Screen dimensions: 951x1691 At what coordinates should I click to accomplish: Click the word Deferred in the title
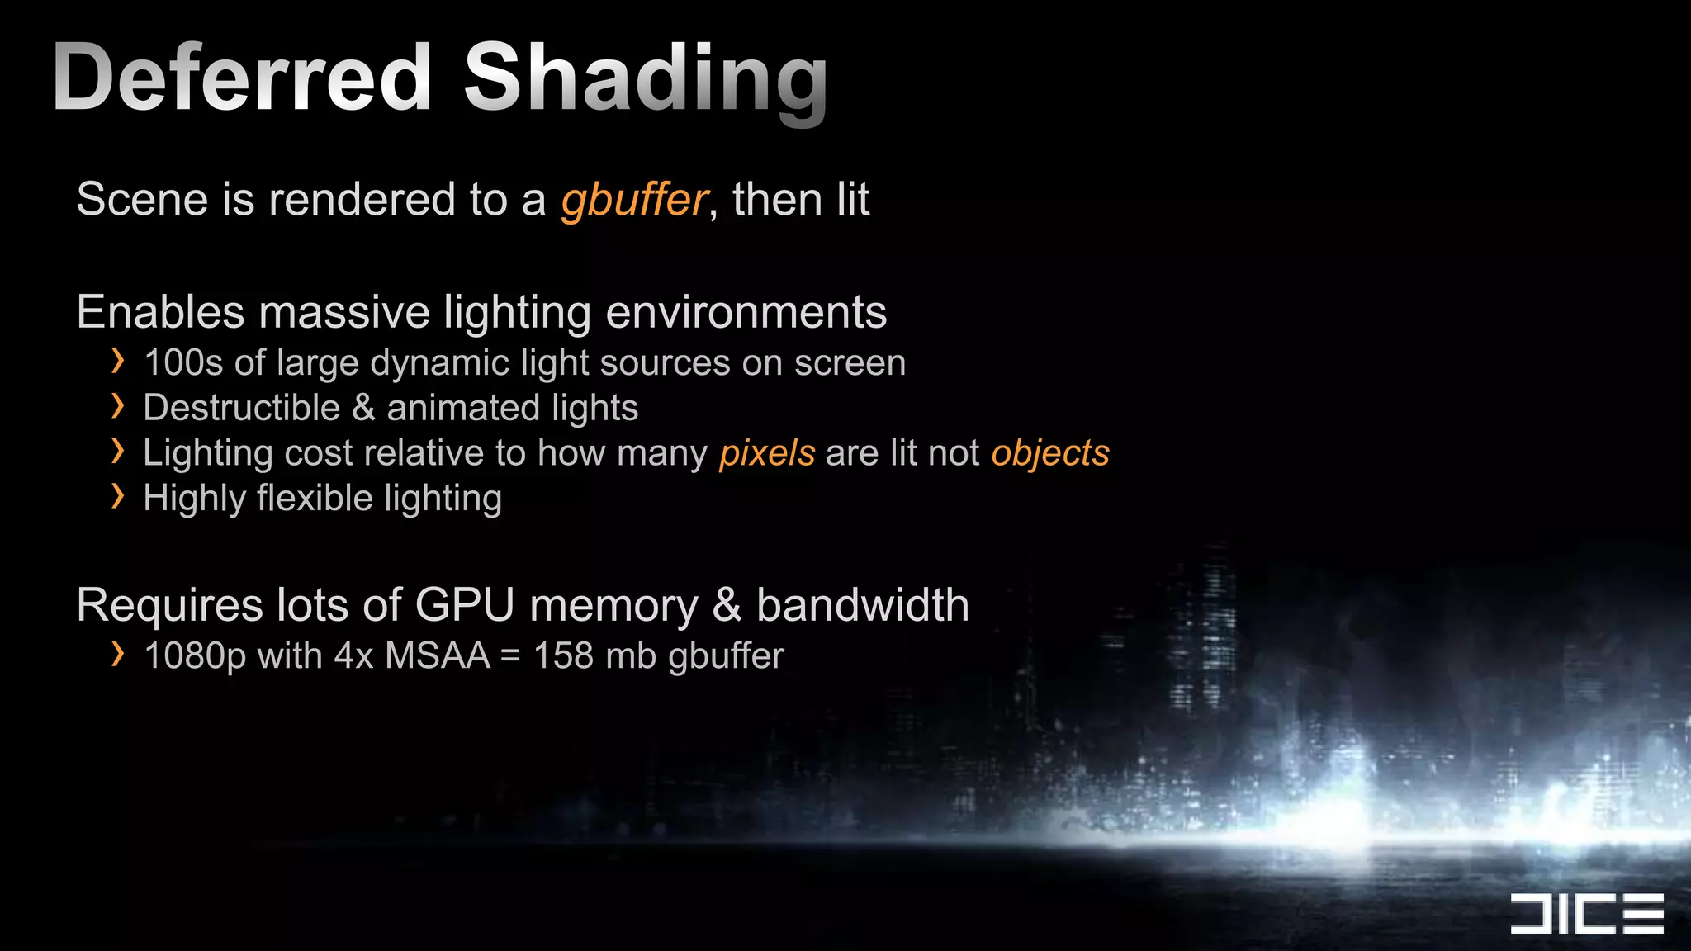point(241,78)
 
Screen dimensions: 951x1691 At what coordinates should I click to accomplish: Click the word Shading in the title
point(645,79)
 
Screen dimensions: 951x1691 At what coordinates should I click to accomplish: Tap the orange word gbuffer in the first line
point(634,200)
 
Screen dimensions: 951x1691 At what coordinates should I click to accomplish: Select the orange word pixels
point(767,453)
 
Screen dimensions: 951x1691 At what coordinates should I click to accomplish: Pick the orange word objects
point(1050,453)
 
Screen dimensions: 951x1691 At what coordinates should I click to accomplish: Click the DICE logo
point(1586,914)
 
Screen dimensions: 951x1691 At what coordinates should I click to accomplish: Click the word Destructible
point(241,408)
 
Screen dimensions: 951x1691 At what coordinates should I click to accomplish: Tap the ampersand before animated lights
point(363,408)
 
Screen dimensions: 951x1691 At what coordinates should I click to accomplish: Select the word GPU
point(464,605)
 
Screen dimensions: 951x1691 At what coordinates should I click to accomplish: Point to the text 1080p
point(195,656)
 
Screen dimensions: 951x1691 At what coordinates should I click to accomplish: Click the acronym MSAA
point(438,656)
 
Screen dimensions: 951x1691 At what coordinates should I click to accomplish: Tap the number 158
point(563,656)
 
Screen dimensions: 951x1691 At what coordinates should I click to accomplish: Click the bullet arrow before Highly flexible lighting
point(118,497)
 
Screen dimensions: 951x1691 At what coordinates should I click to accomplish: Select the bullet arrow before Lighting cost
point(118,452)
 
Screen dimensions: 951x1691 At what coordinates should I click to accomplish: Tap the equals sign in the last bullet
point(510,657)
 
